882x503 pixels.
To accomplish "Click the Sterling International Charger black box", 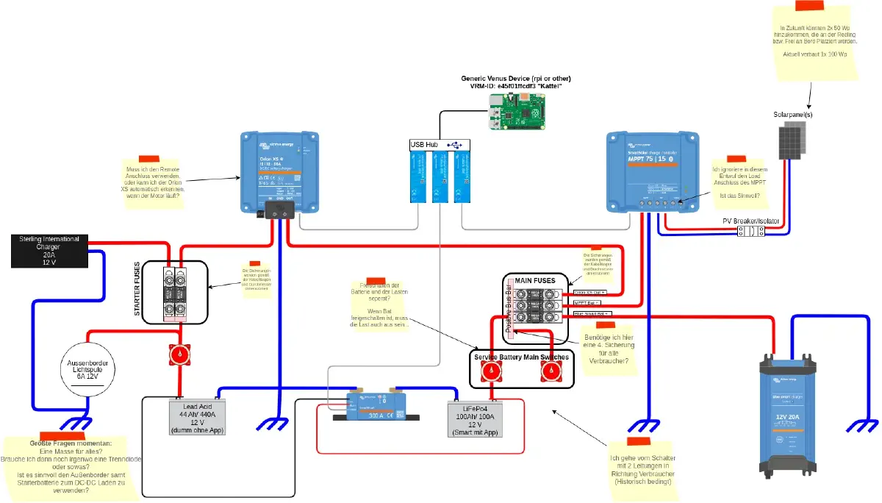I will pyautogui.click(x=50, y=251).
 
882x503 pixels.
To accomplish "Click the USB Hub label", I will pyautogui.click(x=424, y=145).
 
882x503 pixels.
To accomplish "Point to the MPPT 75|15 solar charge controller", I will pyautogui.click(x=650, y=171).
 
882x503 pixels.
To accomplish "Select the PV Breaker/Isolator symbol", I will pyautogui.click(x=750, y=231).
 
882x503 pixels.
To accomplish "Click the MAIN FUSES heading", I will pyautogui.click(x=535, y=280).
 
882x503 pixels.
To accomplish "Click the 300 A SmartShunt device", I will pyautogui.click(x=376, y=404).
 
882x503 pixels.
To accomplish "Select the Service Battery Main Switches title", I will pyautogui.click(x=520, y=357).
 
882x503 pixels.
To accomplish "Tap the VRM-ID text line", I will pyautogui.click(x=515, y=87).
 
